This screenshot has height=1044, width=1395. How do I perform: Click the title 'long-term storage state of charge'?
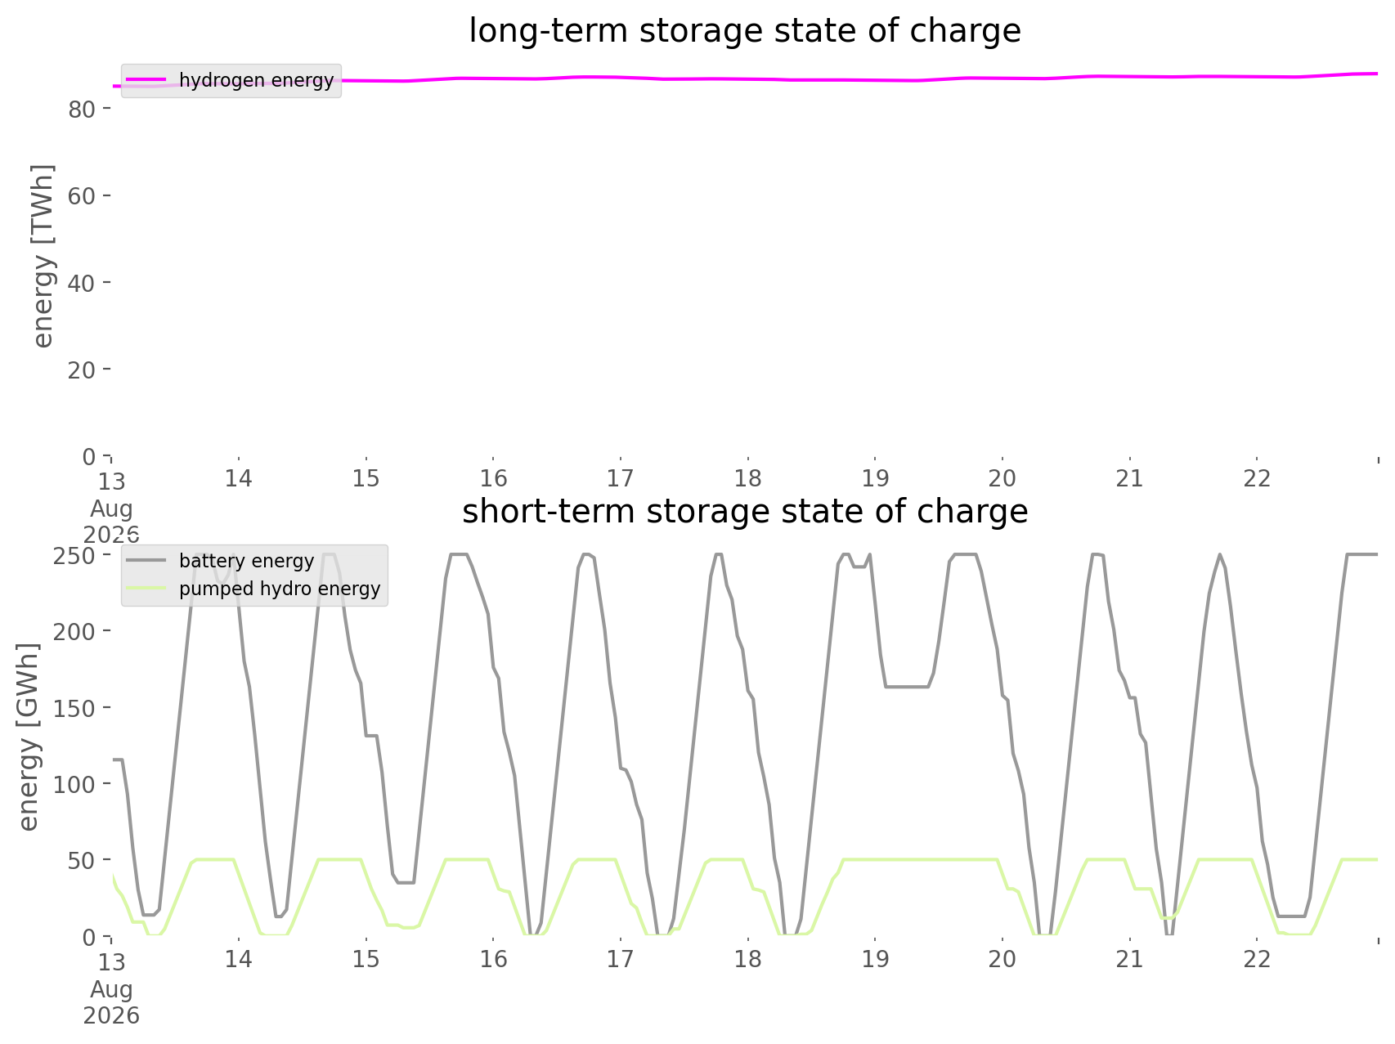[x=745, y=31]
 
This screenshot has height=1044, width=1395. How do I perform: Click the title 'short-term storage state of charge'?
[x=745, y=512]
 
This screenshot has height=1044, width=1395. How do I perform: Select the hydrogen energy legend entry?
[x=231, y=80]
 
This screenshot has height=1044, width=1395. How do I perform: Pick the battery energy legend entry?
[x=221, y=561]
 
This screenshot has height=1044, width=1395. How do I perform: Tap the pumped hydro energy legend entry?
[x=253, y=589]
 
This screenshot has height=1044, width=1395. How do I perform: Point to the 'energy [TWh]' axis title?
[x=43, y=256]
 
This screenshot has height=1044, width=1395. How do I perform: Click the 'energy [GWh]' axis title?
[x=29, y=737]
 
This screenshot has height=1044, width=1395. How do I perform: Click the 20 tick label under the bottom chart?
[x=1003, y=959]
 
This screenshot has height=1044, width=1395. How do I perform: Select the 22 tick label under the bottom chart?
[x=1258, y=959]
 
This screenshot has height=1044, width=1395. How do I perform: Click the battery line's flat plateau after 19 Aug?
[x=907, y=687]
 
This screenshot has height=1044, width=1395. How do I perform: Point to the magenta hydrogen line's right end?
[x=1378, y=74]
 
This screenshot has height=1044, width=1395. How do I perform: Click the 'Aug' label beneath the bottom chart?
[x=111, y=990]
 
